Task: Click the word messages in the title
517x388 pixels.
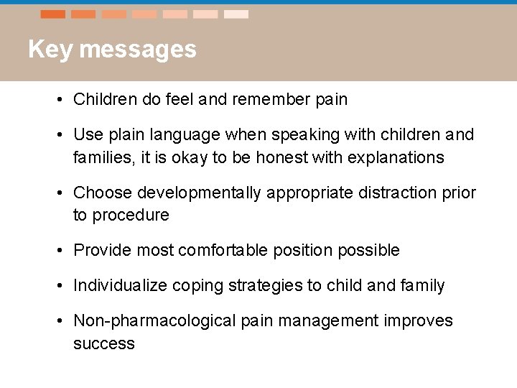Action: (x=138, y=50)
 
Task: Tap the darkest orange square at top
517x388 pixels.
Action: (x=53, y=14)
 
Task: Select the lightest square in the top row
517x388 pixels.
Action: (x=236, y=14)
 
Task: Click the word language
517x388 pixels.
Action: (x=176, y=135)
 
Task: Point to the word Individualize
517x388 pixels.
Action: (x=120, y=286)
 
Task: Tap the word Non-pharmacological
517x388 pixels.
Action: (x=154, y=320)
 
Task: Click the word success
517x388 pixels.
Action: (x=104, y=343)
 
